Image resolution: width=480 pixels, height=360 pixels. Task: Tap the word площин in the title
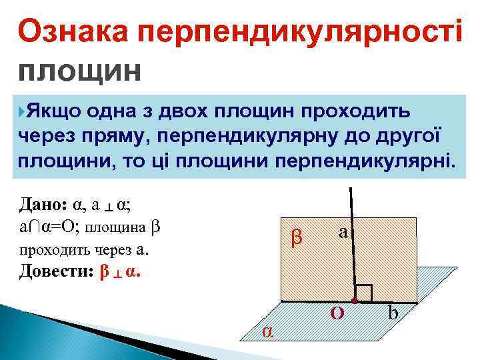pyautogui.click(x=80, y=70)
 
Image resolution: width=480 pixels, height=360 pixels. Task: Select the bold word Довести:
pyautogui.click(x=57, y=271)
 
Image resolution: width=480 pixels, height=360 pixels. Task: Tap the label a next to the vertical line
pyautogui.click(x=343, y=232)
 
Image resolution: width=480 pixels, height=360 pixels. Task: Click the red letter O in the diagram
pyautogui.click(x=338, y=313)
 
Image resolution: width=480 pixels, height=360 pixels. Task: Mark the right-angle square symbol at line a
pyautogui.click(x=364, y=293)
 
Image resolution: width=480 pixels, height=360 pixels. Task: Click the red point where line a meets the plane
pyautogui.click(x=355, y=302)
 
